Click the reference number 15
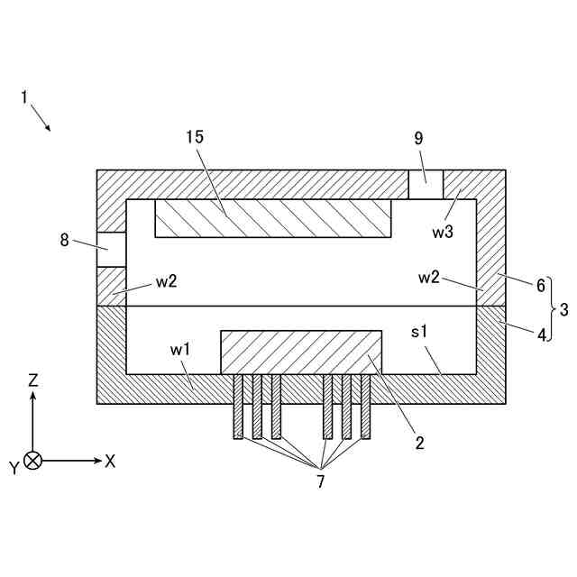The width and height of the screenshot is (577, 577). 195,137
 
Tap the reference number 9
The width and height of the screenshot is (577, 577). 418,138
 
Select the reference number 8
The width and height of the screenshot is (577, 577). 64,240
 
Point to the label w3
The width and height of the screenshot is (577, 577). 442,232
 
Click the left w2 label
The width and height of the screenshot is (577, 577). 166,280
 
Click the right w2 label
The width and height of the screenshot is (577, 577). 428,277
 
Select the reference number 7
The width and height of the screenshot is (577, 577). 320,481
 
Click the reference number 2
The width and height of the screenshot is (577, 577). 419,442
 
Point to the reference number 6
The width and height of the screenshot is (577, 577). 541,286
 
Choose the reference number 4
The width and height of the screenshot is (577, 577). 541,334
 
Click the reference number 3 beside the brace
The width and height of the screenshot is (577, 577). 563,310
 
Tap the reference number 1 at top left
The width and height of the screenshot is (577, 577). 24,96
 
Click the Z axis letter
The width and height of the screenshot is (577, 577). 33,380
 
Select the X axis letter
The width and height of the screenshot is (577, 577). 111,461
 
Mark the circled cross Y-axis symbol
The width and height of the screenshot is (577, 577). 33,461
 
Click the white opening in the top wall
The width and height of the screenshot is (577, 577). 426,184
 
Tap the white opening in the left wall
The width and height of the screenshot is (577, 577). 111,249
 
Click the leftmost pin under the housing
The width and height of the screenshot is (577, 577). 238,407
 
